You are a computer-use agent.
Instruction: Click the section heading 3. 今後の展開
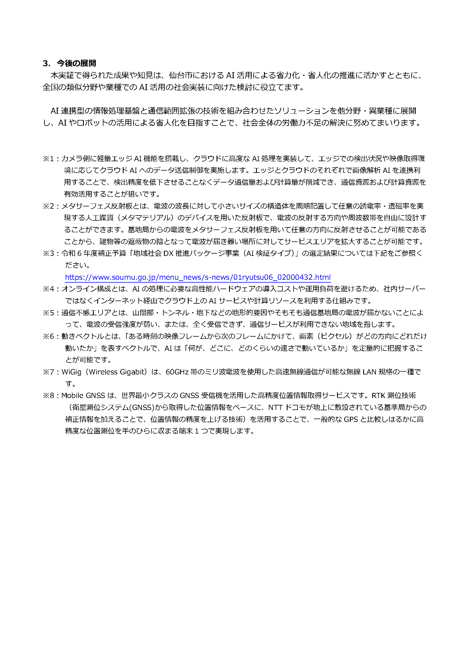tap(69, 63)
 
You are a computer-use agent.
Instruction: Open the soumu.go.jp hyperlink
tap(198, 277)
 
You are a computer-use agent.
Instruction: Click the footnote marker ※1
tap(49, 158)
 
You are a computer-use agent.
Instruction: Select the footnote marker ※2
tap(49, 206)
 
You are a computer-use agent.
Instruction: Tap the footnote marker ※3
tap(49, 253)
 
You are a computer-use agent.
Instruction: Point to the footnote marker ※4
tap(49, 289)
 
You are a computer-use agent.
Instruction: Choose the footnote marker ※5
tap(49, 312)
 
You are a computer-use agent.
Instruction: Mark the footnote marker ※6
tap(49, 336)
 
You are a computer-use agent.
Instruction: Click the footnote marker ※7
tap(49, 372)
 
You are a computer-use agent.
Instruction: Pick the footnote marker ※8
tap(49, 396)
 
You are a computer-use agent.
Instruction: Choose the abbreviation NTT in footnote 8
tap(275, 407)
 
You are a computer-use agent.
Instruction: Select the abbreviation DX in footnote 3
tap(168, 253)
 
